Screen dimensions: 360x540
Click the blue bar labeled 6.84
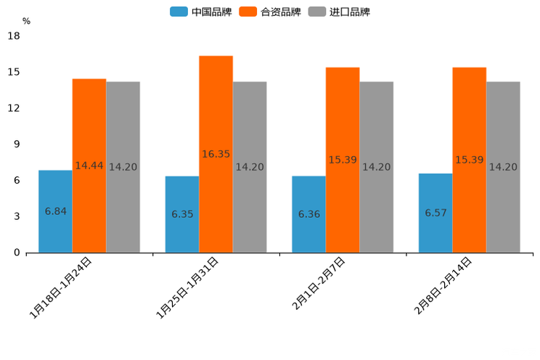click(x=55, y=211)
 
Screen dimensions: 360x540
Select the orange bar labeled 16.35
click(x=216, y=154)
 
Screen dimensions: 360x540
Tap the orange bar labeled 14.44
click(x=89, y=165)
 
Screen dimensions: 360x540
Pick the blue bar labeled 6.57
click(x=435, y=213)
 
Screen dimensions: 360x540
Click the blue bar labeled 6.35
click(x=182, y=214)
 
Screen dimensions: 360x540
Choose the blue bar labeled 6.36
click(x=308, y=214)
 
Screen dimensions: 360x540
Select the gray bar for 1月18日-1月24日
click(x=123, y=167)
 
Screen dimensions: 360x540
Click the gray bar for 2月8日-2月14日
click(x=503, y=167)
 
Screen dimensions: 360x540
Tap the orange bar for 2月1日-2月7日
click(x=343, y=160)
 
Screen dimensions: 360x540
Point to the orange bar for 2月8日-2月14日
click(x=469, y=160)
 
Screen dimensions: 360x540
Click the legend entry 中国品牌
click(x=201, y=12)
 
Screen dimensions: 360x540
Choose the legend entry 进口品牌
click(x=339, y=12)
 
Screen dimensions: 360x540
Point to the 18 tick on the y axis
click(x=13, y=36)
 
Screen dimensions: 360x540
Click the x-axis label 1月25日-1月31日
click(x=187, y=288)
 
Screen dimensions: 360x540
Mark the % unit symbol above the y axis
click(x=26, y=21)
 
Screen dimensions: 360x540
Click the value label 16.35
click(x=216, y=154)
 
